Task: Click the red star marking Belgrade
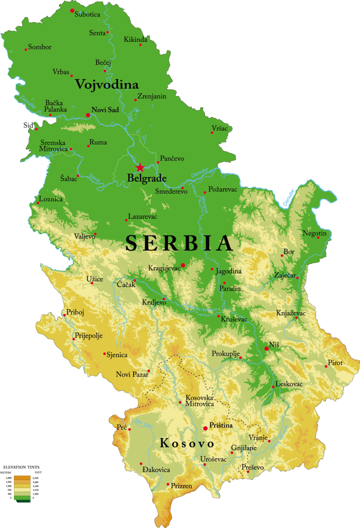click(x=140, y=168)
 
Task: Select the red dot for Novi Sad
click(x=88, y=115)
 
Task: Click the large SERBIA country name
click(x=180, y=243)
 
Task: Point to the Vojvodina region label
click(x=107, y=85)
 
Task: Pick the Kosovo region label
click(x=187, y=443)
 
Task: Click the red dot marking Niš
click(x=266, y=349)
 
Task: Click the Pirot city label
click(x=335, y=363)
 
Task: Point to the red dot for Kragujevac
click(x=183, y=265)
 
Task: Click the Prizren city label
click(x=181, y=486)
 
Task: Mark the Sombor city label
click(x=40, y=47)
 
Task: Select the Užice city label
click(x=95, y=279)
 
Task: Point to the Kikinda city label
click(x=135, y=39)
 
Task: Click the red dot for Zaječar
click(x=297, y=278)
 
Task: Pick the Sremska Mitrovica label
click(x=52, y=146)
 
